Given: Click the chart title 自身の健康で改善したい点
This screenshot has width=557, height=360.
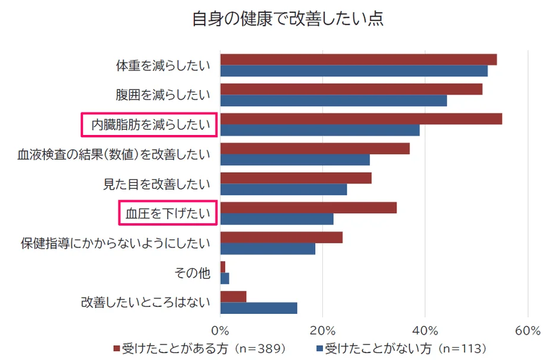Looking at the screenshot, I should (287, 19).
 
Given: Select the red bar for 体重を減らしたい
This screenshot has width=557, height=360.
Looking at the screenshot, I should (358, 59).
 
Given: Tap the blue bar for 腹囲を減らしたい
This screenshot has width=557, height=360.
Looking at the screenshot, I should (333, 101).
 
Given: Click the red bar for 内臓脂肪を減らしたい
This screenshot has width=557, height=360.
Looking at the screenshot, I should (361, 118).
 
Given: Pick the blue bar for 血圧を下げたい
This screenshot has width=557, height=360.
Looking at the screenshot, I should (277, 219).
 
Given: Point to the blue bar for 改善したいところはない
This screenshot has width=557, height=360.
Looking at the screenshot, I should (258, 308).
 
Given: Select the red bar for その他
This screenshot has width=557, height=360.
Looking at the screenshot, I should (223, 267).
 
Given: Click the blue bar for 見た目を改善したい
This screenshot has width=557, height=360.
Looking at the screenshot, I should (283, 189).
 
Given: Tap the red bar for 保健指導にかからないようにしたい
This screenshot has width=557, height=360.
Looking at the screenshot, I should (281, 237).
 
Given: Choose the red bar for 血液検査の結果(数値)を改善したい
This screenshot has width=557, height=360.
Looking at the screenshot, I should (315, 148).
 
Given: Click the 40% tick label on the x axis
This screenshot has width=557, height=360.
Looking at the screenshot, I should (425, 330).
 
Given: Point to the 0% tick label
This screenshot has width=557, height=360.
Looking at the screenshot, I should (220, 330).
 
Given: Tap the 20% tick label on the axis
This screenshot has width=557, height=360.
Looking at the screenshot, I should (322, 330).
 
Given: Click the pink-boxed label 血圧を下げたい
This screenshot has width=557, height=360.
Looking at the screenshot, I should (168, 213).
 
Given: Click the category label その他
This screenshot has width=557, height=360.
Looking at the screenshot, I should (192, 273).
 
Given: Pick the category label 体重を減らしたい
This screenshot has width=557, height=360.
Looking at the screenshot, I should (163, 65).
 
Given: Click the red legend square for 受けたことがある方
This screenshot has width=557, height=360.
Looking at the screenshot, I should (117, 348).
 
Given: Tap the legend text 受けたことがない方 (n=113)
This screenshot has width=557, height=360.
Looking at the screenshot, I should (405, 348).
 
